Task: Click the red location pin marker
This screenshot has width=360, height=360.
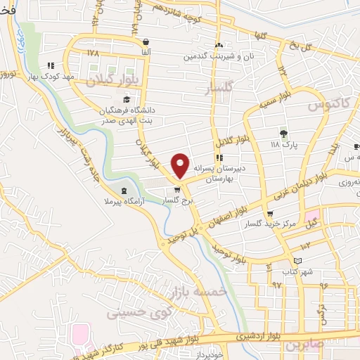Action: tap(181, 165)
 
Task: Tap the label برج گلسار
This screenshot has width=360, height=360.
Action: tap(178, 200)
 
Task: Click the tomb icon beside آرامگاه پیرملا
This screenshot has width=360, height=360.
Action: tap(125, 191)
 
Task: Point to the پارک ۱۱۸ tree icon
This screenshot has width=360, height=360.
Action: tap(284, 132)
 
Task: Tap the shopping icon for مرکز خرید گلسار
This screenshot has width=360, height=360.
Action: tap(271, 214)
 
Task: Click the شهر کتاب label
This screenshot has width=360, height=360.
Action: tap(298, 271)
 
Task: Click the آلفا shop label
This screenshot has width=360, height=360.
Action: tap(145, 51)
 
